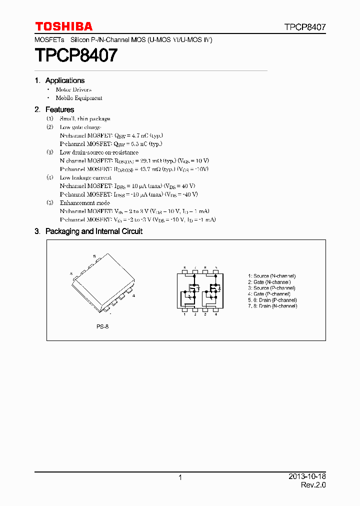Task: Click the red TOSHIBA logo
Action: coord(63,26)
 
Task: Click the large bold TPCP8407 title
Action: coord(76,55)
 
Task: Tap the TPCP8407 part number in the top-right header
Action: coord(305,27)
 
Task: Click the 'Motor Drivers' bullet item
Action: coord(73,89)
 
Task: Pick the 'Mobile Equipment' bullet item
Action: coord(79,98)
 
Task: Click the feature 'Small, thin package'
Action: coord(84,118)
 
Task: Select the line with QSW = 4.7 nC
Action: coord(111,135)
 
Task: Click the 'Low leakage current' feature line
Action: coord(85,177)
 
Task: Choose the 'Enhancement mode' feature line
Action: coord(84,203)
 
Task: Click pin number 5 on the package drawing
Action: coord(94,256)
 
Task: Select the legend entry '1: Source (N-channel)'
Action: coord(271,276)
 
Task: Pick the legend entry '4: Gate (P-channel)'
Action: coord(269,294)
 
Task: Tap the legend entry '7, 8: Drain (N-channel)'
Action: coord(272,306)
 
